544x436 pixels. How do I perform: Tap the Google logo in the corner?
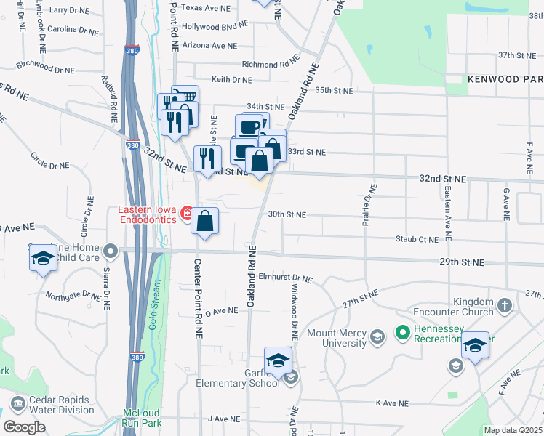(x=24, y=427)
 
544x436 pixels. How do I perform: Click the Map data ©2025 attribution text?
(x=513, y=430)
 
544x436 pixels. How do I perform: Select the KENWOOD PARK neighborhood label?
(x=505, y=78)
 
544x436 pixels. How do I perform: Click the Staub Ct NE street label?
(x=417, y=238)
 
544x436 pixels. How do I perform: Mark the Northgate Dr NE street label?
(x=73, y=295)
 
